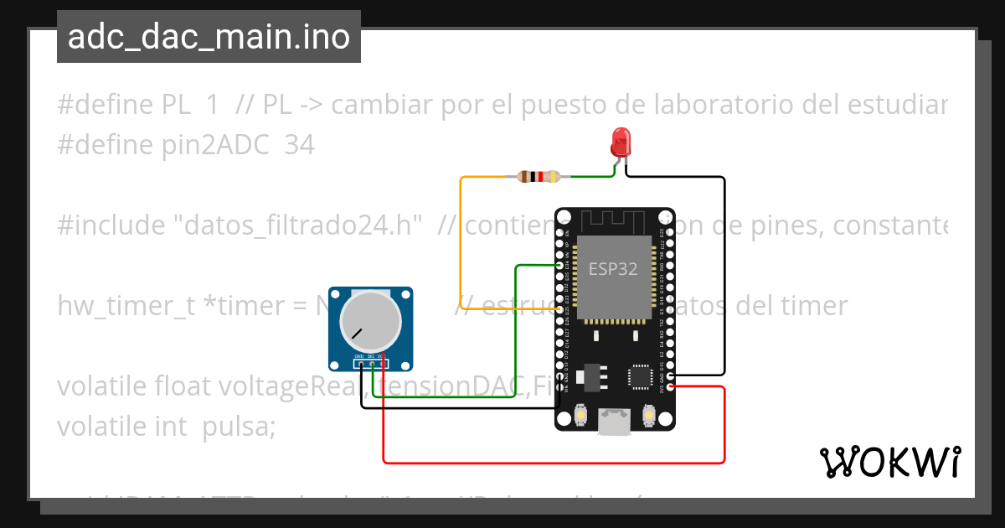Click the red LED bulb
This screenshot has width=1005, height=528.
click(621, 141)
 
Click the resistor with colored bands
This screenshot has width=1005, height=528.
click(539, 177)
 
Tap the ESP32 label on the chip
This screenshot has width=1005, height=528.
click(612, 269)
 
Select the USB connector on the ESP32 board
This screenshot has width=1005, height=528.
click(616, 422)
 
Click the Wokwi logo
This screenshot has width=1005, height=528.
click(889, 462)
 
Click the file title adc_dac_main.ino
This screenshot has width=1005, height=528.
click(209, 37)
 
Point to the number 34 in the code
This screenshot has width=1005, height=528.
click(299, 145)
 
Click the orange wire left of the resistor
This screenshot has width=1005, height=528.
click(461, 243)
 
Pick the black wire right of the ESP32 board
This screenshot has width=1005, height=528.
click(724, 277)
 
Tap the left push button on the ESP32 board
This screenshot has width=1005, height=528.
click(581, 414)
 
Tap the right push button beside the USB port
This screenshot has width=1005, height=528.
click(648, 414)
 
